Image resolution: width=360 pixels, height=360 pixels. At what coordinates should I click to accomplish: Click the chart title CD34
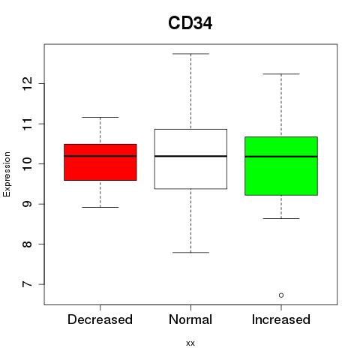click(190, 23)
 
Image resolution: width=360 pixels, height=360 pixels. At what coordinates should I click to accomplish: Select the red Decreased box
click(100, 162)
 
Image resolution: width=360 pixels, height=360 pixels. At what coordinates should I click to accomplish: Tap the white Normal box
click(190, 159)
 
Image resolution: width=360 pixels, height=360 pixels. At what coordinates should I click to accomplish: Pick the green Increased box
click(281, 166)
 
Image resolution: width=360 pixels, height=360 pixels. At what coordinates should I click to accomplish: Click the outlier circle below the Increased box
click(281, 295)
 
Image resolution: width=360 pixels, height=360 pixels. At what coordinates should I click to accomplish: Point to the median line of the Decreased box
click(100, 156)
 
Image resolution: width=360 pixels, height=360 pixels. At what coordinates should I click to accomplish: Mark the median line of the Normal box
click(190, 156)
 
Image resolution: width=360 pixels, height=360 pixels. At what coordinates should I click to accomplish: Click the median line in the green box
click(281, 157)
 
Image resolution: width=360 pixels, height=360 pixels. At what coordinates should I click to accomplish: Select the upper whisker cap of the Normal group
click(190, 54)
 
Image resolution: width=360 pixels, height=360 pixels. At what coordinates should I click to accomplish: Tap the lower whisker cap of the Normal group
click(190, 253)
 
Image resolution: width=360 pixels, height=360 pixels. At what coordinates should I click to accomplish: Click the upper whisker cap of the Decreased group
click(100, 117)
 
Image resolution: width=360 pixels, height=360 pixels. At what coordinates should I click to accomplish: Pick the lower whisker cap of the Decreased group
click(100, 207)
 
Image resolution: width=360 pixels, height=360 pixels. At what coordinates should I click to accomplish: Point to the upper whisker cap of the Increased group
click(281, 74)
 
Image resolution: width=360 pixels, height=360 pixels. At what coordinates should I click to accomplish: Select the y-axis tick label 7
click(28, 284)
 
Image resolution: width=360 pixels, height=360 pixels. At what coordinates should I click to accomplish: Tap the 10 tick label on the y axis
click(28, 164)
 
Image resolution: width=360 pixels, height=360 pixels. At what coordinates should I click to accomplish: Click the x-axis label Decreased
click(100, 319)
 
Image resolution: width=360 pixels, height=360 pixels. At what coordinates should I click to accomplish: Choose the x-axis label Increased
click(281, 319)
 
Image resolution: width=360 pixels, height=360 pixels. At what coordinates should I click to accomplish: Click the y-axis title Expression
click(7, 174)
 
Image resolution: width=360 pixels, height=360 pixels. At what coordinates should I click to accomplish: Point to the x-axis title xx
click(190, 343)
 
